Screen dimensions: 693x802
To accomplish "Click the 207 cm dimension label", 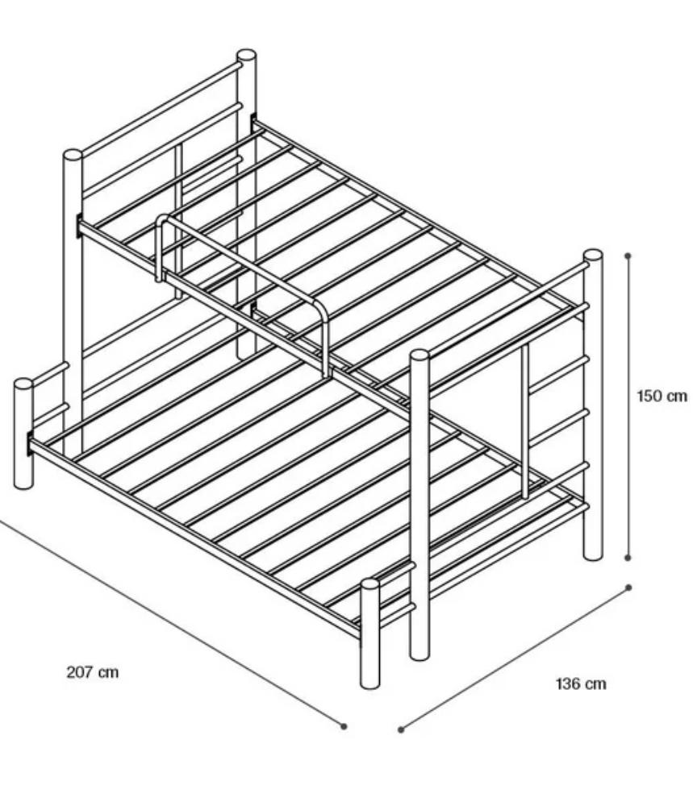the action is click(x=93, y=671).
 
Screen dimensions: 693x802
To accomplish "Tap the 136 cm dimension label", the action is click(x=581, y=684).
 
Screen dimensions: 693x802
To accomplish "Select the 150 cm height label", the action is click(x=662, y=396).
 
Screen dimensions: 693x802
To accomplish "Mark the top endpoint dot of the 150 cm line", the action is click(x=628, y=256).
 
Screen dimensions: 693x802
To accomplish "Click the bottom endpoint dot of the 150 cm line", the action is click(x=628, y=558).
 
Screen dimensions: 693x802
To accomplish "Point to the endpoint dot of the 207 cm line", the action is click(x=344, y=725).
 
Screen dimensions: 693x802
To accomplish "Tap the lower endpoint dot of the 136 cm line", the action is click(x=401, y=729).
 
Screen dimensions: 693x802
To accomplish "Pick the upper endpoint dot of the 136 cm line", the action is click(x=629, y=588).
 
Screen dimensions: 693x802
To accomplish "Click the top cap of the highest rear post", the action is click(x=246, y=54).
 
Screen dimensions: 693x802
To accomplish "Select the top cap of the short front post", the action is click(x=370, y=584).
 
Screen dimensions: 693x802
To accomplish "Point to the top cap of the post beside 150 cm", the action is click(x=593, y=254).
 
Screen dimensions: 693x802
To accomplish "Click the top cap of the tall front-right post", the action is click(x=420, y=355).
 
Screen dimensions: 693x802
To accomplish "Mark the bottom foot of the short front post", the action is click(x=370, y=685).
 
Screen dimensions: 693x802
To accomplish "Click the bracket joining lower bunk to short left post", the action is click(x=29, y=444).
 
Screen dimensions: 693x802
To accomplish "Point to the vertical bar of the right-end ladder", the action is click(x=524, y=421).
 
